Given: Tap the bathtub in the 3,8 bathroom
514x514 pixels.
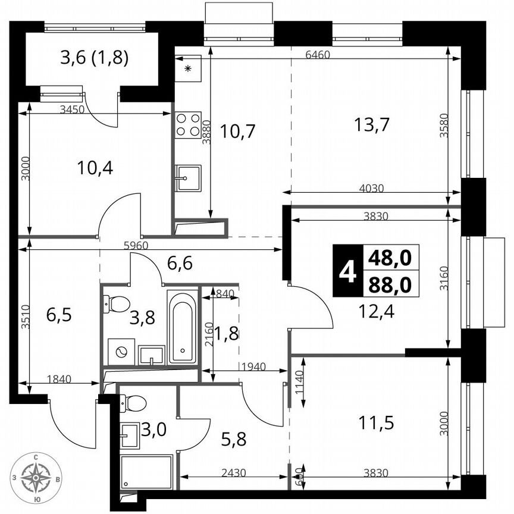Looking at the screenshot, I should click(182, 327).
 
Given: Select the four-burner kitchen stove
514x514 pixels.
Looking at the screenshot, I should click(187, 124).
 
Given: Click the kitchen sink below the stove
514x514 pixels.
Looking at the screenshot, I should click(188, 178).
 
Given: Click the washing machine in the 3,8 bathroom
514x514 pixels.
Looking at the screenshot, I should click(121, 351).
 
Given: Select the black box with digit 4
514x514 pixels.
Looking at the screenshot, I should click(347, 271).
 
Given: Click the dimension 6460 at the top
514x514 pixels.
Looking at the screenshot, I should click(317, 54).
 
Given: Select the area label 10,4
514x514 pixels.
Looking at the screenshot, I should click(95, 168).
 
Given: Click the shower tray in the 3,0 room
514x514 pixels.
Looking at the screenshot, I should click(146, 472).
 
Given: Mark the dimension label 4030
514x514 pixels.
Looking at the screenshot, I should click(372, 188).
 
